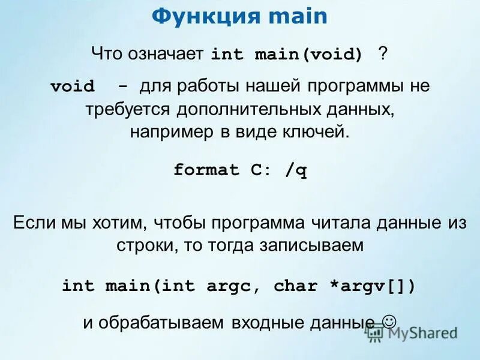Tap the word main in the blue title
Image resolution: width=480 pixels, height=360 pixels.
click(x=298, y=16)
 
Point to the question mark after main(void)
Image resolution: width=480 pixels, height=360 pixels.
click(x=383, y=54)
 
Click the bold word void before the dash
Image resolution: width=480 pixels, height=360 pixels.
click(x=73, y=86)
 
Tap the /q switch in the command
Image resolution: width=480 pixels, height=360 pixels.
click(x=296, y=170)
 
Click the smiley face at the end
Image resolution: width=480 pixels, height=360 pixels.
click(x=388, y=321)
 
